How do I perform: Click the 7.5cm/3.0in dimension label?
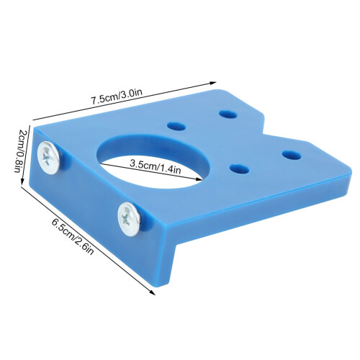[117, 96]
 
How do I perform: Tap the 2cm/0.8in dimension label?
[19, 151]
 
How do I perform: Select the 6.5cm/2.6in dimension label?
[73, 237]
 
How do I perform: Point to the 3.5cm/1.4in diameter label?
[155, 166]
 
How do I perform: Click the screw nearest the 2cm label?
[48, 157]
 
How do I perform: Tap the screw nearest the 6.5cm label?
[129, 219]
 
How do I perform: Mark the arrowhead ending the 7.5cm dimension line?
[213, 83]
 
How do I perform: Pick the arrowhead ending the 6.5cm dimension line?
[152, 292]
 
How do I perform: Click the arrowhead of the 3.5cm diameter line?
[199, 179]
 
